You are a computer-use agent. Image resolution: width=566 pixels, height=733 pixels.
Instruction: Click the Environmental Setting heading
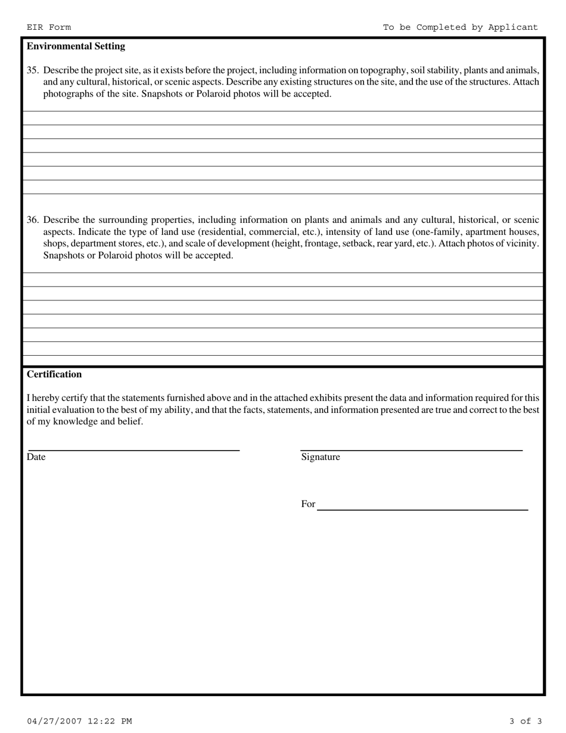click(76, 46)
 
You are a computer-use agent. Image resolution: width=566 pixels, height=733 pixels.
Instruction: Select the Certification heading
click(54, 374)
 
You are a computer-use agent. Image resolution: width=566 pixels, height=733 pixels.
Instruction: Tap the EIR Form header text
click(48, 27)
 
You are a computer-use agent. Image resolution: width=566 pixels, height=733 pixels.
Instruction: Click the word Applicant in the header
click(513, 27)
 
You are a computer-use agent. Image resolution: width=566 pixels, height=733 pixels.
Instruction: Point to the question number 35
click(32, 70)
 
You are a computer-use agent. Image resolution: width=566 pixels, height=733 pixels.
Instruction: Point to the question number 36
click(32, 220)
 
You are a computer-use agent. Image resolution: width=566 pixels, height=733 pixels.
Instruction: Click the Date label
click(36, 457)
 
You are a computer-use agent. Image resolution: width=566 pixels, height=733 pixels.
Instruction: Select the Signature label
click(321, 457)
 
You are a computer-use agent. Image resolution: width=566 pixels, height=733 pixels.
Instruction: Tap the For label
click(308, 504)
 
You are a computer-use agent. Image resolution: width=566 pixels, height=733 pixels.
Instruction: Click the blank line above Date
click(134, 449)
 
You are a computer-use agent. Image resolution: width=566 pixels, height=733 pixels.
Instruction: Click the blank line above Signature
click(411, 449)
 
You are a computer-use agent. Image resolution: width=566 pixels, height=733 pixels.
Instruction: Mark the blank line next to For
click(422, 509)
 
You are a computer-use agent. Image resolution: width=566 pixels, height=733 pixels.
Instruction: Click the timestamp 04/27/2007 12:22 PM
click(79, 721)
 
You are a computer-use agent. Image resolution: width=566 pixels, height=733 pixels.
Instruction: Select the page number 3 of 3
click(525, 721)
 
